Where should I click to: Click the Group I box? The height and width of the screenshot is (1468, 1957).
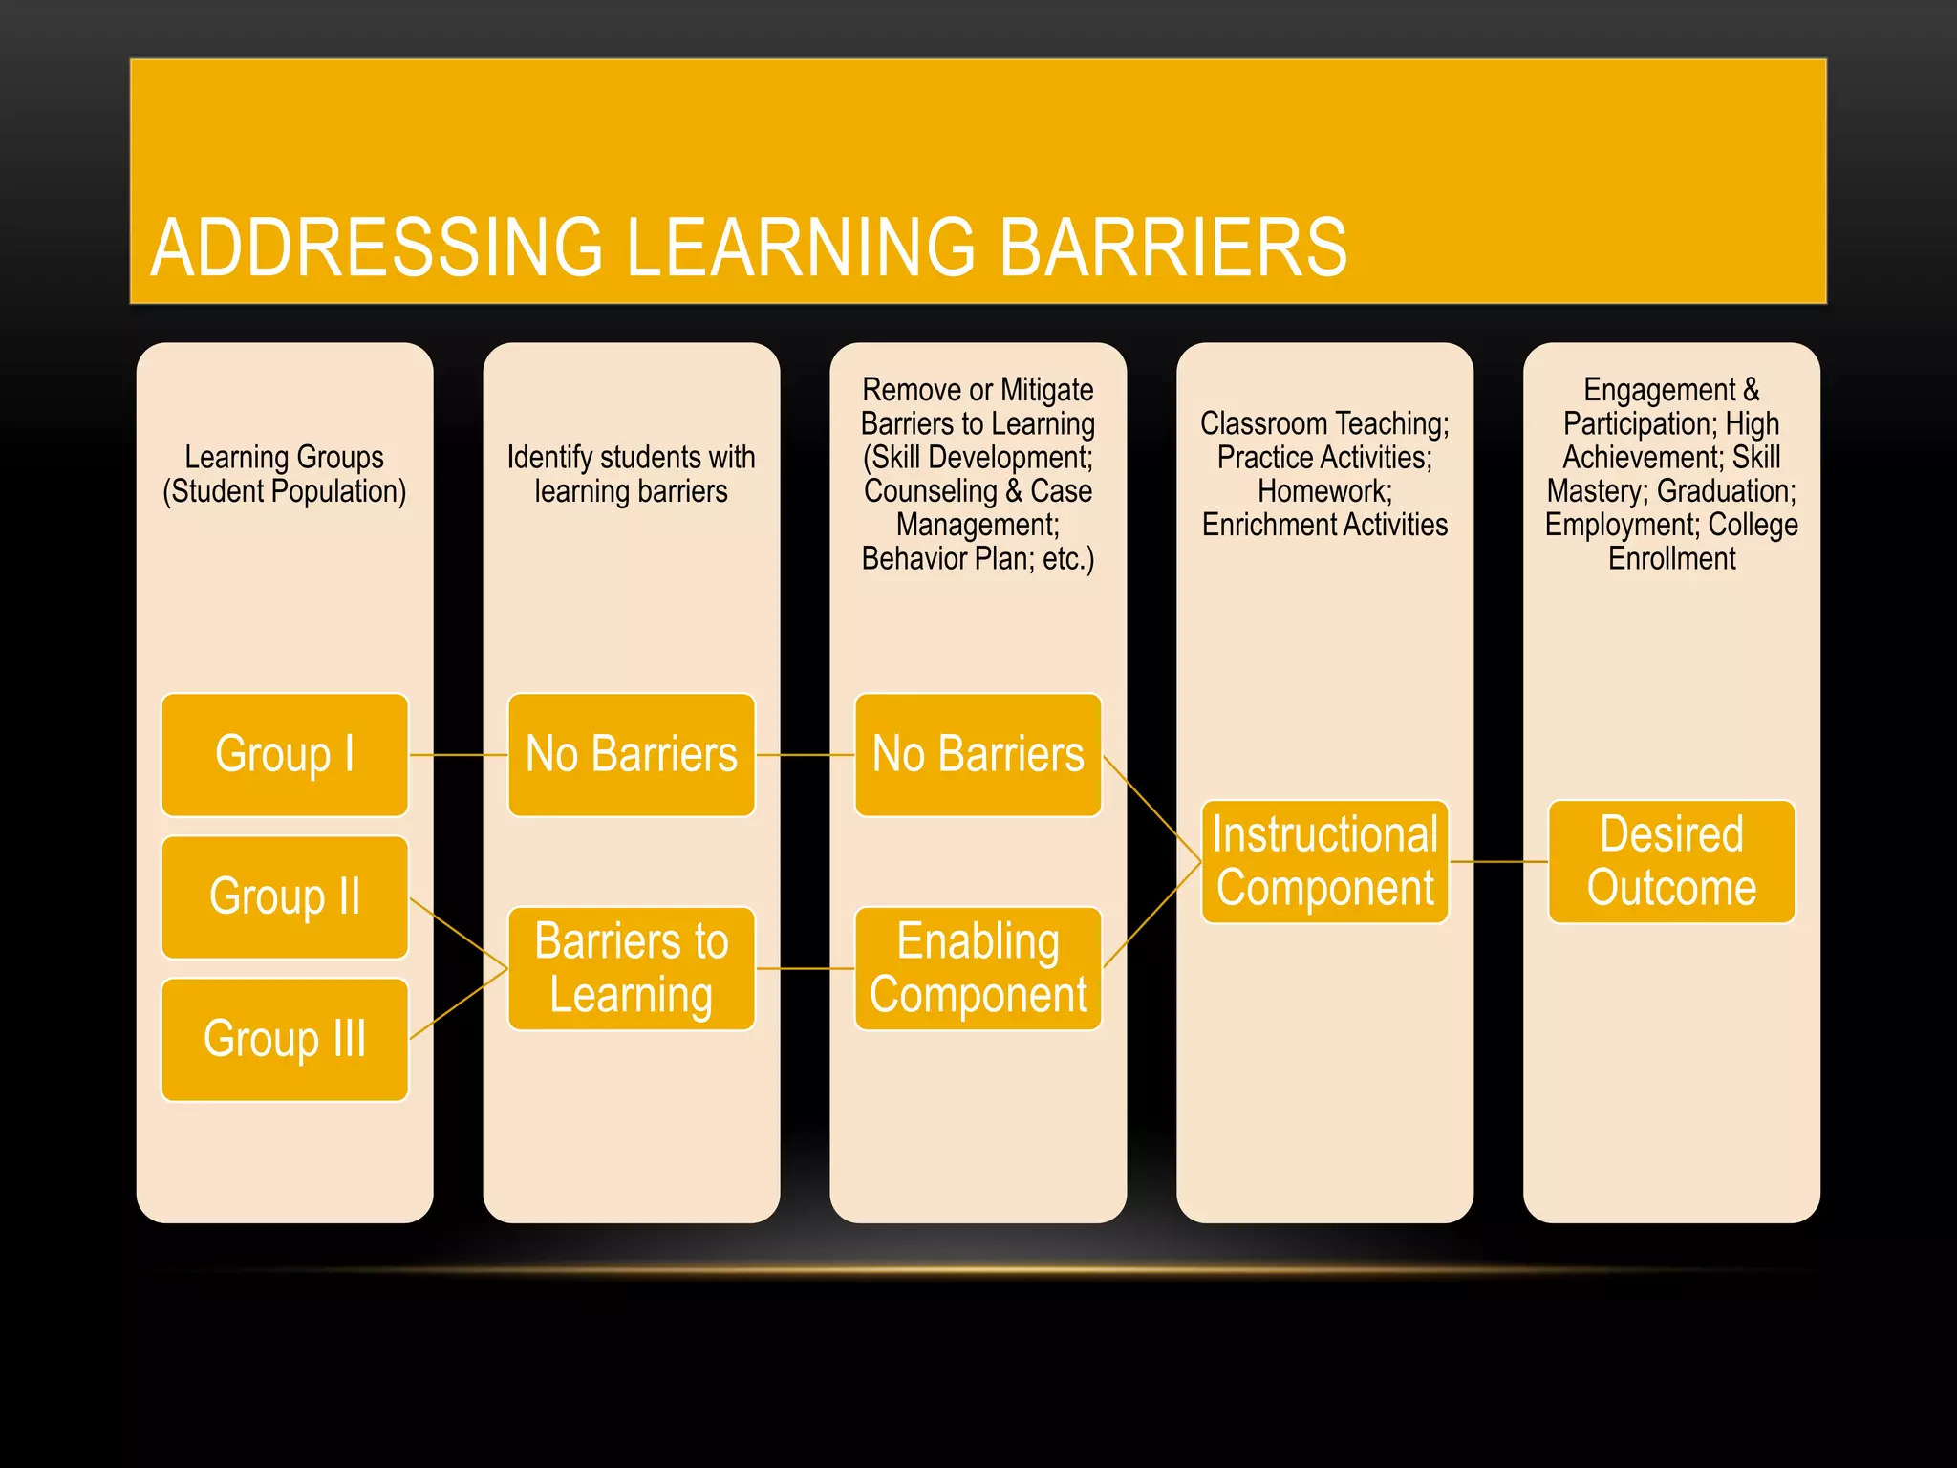pos(285,754)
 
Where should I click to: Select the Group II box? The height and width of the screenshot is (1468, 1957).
pos(285,896)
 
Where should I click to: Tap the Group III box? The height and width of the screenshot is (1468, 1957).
pos(285,1039)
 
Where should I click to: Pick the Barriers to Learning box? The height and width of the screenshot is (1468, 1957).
pos(631,968)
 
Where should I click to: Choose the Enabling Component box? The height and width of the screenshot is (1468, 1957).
pos(978,968)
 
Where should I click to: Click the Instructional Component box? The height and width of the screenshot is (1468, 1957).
pos(1324,861)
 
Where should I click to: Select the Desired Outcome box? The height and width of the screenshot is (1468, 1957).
pos(1671,861)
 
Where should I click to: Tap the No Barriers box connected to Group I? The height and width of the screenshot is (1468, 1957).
pos(631,754)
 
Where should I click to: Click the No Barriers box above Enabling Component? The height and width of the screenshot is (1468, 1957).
pos(978,754)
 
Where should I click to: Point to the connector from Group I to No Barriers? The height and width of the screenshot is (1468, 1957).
pos(459,755)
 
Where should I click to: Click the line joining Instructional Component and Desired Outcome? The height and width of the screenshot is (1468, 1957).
pos(1498,862)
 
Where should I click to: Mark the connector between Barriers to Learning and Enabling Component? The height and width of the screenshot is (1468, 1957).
pos(805,969)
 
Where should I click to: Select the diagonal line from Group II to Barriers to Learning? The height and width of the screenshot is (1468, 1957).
pos(459,933)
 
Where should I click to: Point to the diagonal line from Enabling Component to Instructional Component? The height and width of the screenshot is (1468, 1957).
pos(1152,915)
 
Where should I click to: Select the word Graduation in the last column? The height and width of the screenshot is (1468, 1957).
pos(1725,491)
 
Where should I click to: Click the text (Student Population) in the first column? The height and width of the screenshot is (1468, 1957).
pos(285,491)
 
